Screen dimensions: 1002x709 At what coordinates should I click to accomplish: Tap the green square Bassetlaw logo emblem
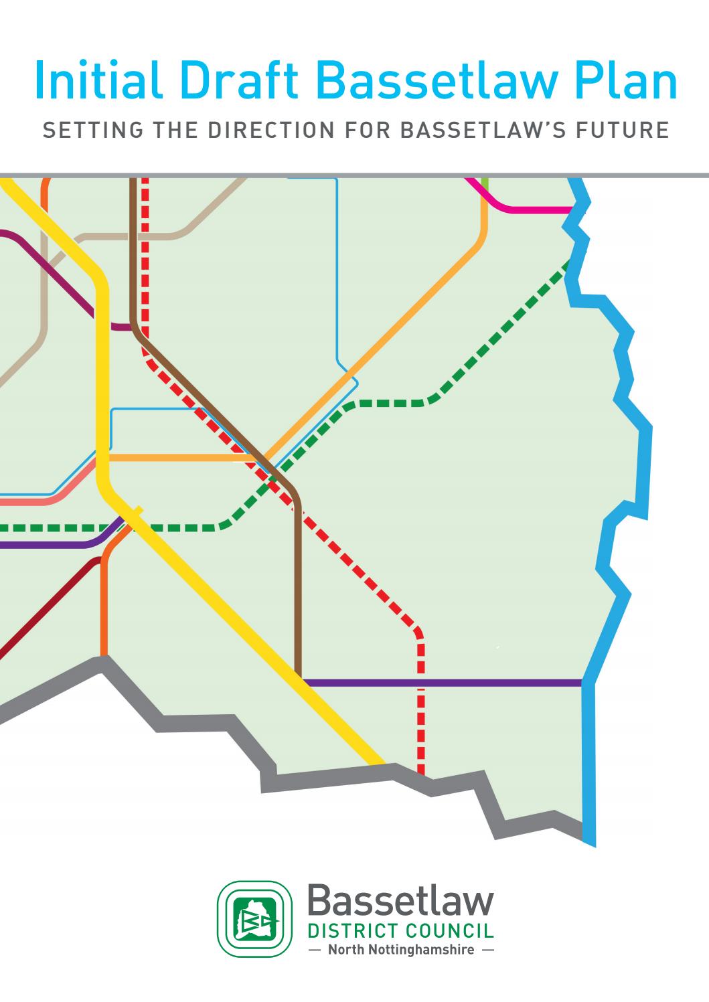click(x=255, y=918)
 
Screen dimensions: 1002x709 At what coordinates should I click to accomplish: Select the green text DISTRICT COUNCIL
click(x=400, y=931)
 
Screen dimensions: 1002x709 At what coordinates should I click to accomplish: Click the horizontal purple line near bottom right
click(x=442, y=683)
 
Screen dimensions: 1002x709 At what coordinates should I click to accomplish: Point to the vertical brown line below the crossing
click(x=299, y=589)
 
